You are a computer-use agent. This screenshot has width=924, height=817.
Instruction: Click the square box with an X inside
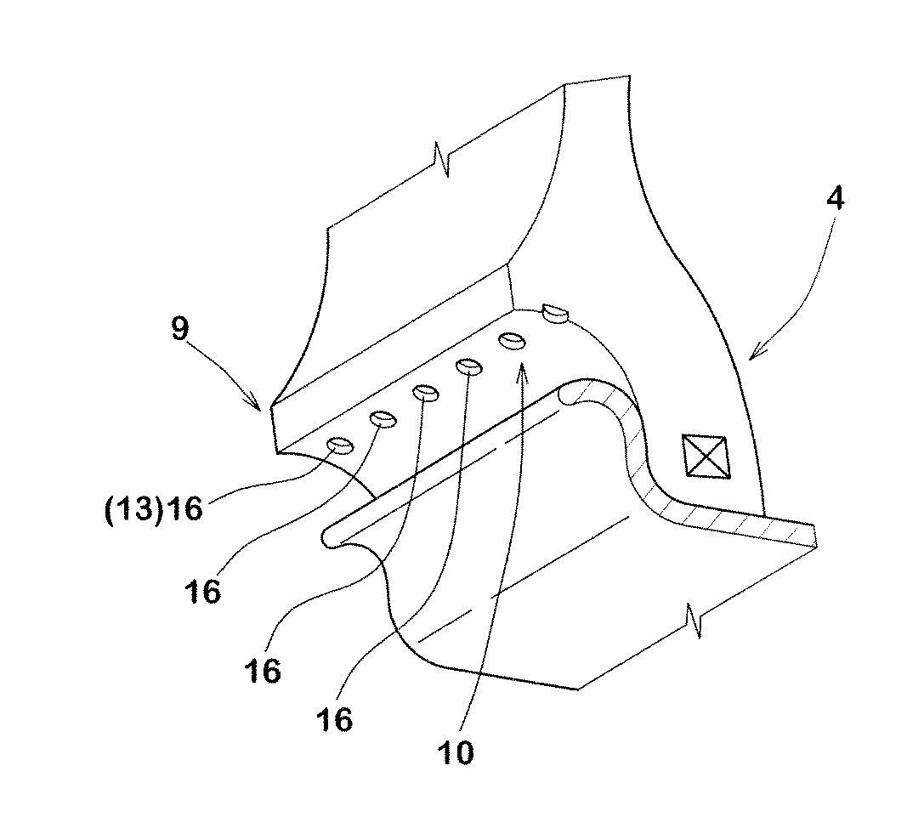click(x=705, y=457)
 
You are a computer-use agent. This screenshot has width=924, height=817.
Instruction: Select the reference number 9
click(x=179, y=327)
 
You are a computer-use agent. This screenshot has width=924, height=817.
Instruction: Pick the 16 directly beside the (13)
click(x=183, y=508)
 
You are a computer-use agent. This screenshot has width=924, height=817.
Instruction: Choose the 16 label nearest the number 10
click(x=334, y=718)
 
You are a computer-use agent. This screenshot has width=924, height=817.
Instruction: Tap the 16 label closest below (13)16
click(x=202, y=590)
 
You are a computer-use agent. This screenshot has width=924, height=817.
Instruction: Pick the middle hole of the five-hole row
click(x=426, y=393)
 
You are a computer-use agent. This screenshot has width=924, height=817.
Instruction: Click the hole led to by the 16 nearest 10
click(x=469, y=366)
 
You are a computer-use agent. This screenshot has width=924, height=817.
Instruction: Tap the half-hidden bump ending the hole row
click(x=555, y=312)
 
